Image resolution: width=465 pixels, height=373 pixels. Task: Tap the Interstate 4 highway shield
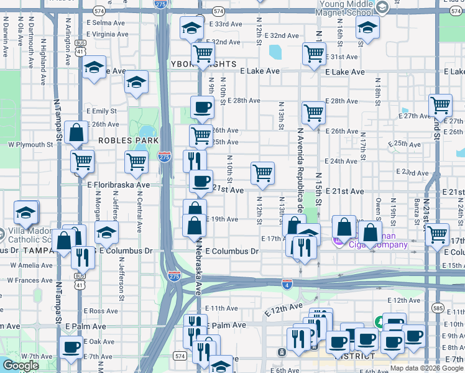coord(287,284)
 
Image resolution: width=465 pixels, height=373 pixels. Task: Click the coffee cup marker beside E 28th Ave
coord(201,107)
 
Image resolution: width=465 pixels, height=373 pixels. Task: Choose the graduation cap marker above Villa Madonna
coord(25,212)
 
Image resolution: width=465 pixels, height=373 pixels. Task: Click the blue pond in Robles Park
coord(147,131)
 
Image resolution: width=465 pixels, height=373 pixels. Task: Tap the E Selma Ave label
coord(109,22)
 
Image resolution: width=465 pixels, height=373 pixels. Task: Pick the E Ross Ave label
coord(99,311)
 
